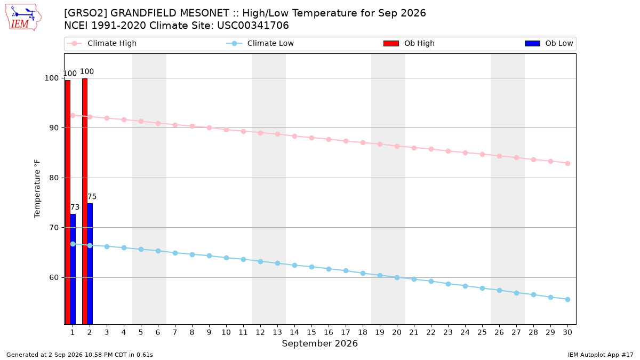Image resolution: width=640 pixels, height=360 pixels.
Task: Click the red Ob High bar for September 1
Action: coord(68,202)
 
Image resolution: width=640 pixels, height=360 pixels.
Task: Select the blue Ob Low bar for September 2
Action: coord(90,263)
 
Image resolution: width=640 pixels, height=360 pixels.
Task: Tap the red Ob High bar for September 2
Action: coord(85,201)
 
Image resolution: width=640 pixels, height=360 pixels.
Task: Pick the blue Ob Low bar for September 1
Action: coord(73,269)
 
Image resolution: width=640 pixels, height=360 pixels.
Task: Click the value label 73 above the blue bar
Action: coord(75,207)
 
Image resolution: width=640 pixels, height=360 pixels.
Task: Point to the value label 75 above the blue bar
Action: coord(92,197)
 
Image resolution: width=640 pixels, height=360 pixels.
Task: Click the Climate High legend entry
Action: coord(102,43)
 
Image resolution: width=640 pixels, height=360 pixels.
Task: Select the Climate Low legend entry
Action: coord(260,43)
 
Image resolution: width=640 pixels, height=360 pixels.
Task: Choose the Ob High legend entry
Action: coord(409,43)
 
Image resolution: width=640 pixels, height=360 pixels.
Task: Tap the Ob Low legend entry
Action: coord(549,43)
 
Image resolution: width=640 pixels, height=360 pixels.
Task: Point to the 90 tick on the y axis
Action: coord(54,127)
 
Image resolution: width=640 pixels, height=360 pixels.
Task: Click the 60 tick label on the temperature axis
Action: coord(54,277)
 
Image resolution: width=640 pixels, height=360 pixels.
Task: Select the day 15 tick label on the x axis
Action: coord(311,332)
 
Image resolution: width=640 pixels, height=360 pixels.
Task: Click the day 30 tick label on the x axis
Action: coord(567,332)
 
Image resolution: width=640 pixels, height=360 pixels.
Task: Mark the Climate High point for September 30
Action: coord(567,163)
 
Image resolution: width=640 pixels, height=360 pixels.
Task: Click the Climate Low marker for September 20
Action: coord(397,277)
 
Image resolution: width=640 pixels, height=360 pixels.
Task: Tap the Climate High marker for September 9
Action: coord(209,127)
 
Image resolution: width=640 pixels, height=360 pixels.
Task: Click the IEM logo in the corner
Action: coord(23,18)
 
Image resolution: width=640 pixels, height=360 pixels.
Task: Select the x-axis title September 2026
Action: coord(319,343)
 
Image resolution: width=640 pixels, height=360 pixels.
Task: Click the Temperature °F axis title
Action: coord(37,189)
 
